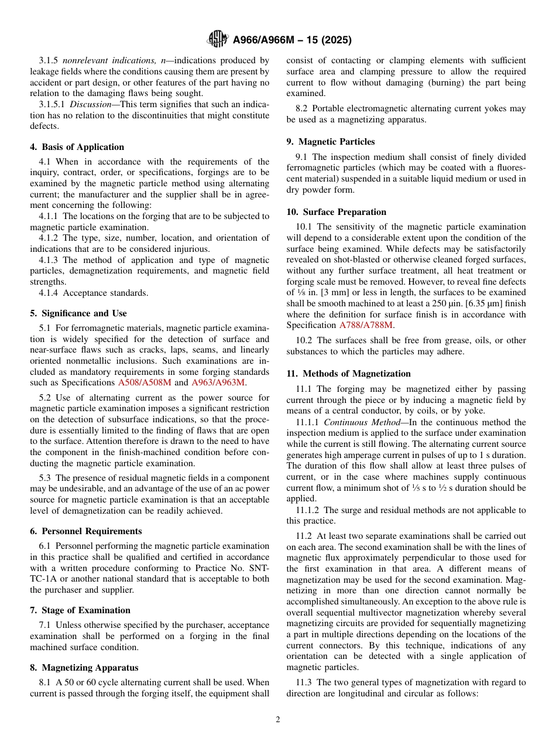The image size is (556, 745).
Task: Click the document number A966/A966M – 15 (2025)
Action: point(292,40)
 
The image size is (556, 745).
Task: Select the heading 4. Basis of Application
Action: point(77,147)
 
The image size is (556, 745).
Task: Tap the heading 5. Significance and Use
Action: point(78,313)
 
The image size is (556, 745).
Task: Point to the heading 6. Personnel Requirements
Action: point(86,531)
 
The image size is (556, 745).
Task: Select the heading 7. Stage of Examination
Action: point(80,610)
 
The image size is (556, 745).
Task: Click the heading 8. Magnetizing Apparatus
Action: point(84,668)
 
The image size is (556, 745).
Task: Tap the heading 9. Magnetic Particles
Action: point(331,142)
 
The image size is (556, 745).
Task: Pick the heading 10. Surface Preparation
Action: point(337,212)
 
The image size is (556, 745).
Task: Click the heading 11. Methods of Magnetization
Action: point(349,374)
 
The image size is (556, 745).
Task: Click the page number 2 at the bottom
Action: point(278,720)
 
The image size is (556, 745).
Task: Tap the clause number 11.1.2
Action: point(307,510)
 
